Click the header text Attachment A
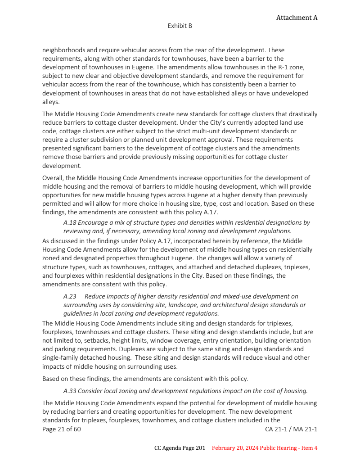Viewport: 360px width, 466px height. [297, 18]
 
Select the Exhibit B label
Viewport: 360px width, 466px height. [180, 26]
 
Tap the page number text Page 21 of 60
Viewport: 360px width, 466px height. [62, 429]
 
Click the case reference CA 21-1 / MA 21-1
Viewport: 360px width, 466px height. [291, 429]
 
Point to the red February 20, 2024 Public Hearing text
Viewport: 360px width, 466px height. [265, 448]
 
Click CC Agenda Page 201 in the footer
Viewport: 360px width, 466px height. [180, 448]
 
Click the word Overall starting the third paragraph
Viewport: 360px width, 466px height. [53, 178]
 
